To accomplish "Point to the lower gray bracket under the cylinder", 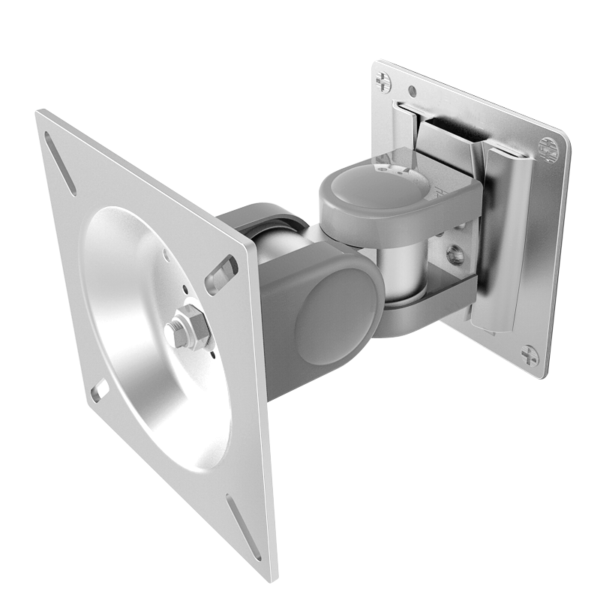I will [x=435, y=300].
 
